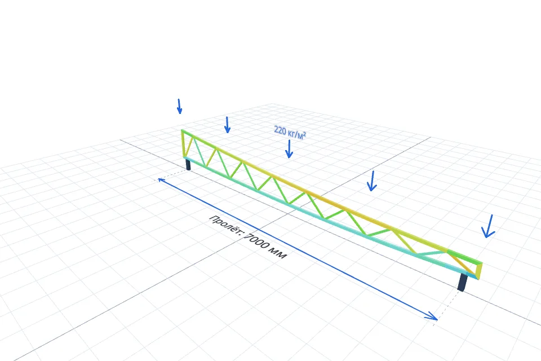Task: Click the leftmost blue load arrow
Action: coord(179,107)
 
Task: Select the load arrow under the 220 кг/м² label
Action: coord(289,149)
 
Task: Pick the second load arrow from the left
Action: coord(227,125)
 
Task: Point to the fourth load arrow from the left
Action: coord(372,180)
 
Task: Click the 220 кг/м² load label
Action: coord(290,133)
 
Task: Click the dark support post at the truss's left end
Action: coord(188,165)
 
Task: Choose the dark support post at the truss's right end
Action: coord(462,282)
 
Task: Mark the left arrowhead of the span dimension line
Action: coord(161,179)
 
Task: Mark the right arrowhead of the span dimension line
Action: coord(432,316)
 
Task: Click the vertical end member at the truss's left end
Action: coord(183,143)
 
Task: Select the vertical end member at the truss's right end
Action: coord(480,271)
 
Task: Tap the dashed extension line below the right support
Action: coord(449,305)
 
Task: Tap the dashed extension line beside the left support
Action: coord(170,175)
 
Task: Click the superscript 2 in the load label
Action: coord(304,133)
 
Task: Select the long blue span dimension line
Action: coord(298,249)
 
